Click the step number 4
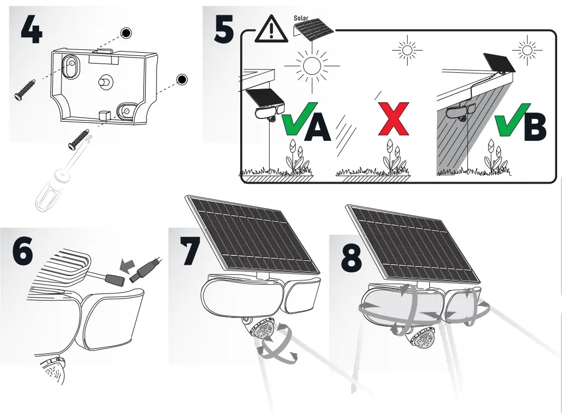(32, 30)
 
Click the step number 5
(224, 30)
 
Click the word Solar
(301, 18)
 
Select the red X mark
(394, 118)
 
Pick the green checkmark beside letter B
(508, 120)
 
